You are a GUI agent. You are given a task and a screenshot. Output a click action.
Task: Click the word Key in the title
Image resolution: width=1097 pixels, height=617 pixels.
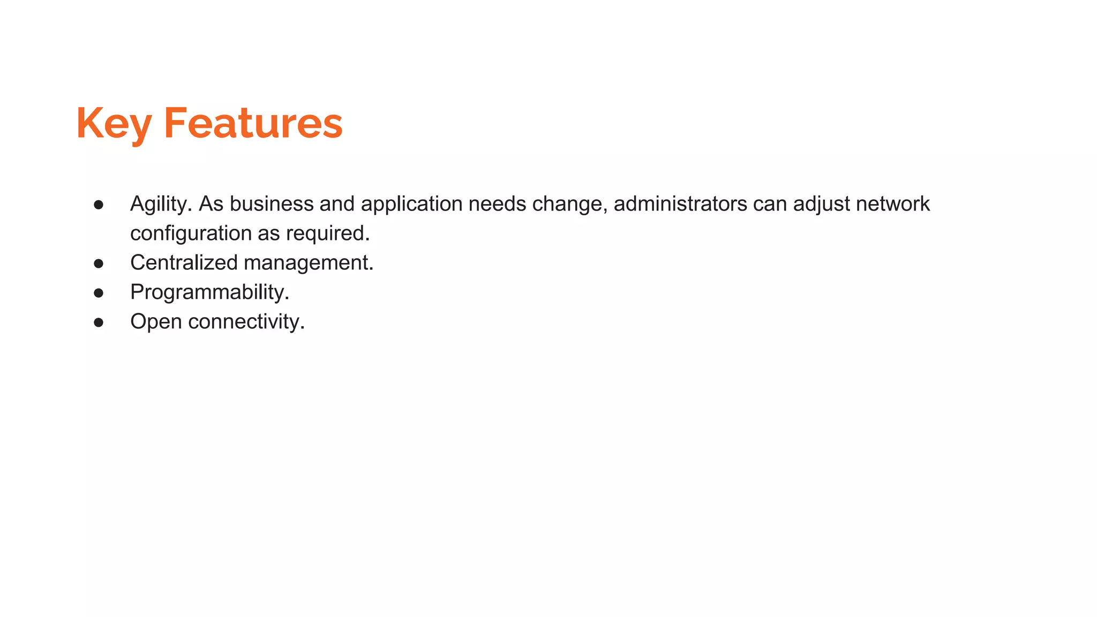point(114,124)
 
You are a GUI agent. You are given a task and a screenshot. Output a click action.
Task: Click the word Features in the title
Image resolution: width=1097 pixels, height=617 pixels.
point(253,124)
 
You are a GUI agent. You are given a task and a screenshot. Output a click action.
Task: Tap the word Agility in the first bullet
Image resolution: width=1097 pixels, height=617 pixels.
point(161,204)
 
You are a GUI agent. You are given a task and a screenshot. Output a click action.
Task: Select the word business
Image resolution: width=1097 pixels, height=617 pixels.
point(272,204)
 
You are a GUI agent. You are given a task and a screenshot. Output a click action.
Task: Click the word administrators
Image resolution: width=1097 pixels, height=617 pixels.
point(680,204)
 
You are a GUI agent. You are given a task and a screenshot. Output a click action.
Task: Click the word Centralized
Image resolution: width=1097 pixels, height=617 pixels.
point(184,263)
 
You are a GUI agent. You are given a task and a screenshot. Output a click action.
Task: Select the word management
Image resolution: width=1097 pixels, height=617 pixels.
point(308,263)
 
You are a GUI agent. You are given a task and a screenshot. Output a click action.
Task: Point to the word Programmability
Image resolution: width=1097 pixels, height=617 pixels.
point(209,292)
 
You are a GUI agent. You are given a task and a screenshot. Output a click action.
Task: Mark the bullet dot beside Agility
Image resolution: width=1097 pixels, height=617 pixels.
point(99,205)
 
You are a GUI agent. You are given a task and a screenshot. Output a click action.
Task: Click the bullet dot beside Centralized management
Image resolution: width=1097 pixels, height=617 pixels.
point(99,264)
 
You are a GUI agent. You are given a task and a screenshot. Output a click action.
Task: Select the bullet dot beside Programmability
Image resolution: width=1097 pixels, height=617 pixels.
point(99,293)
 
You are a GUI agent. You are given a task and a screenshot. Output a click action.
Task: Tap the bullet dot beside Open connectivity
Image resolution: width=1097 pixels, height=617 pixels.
point(99,322)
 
